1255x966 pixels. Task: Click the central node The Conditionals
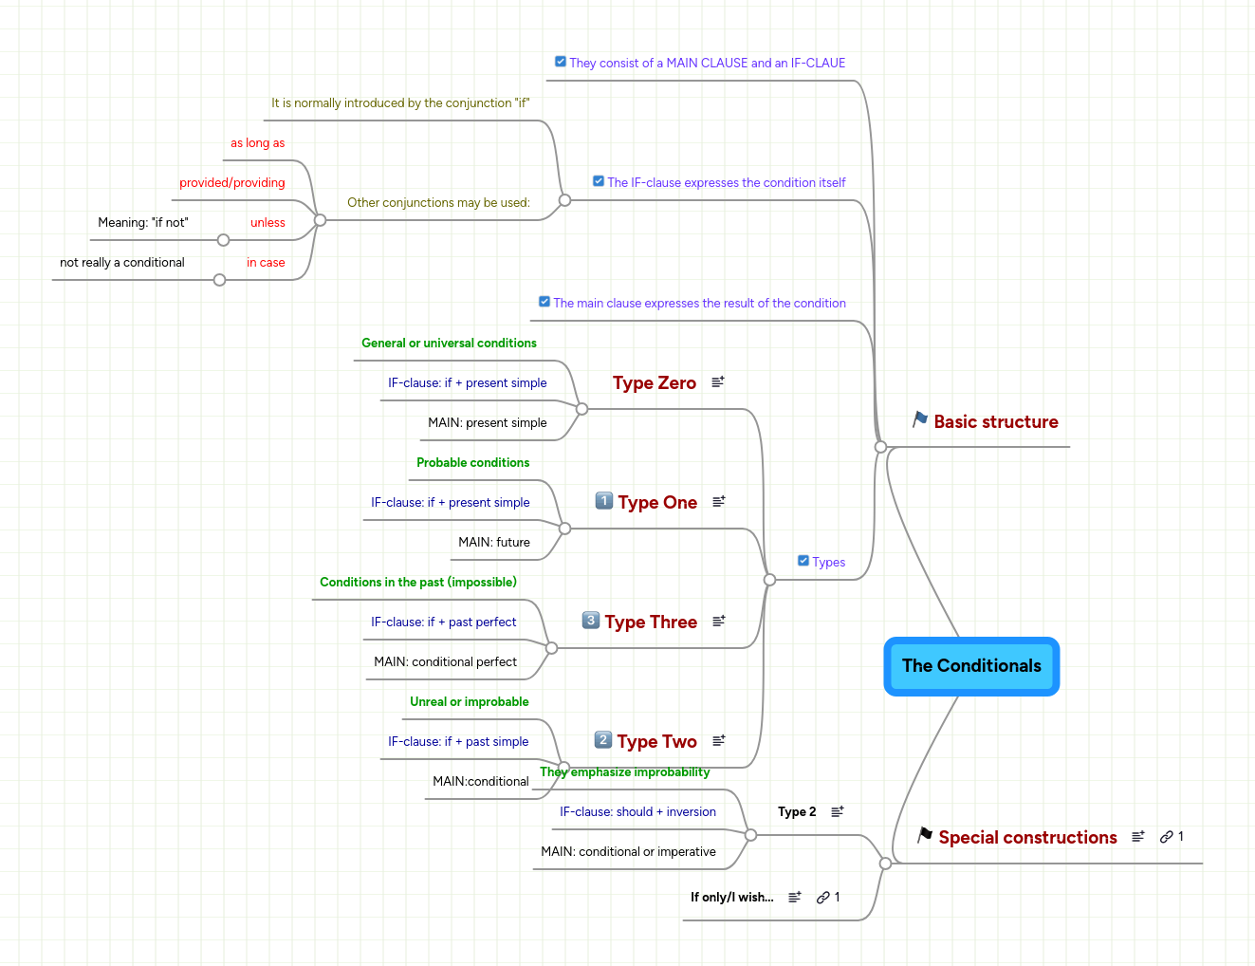tap(971, 666)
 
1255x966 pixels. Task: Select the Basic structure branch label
tap(995, 422)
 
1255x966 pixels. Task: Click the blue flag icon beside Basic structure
tap(920, 419)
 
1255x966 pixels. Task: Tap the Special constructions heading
tap(1027, 838)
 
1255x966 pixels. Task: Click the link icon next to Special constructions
tap(1167, 837)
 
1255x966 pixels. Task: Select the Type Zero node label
tap(654, 383)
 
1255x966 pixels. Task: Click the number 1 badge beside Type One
tap(603, 501)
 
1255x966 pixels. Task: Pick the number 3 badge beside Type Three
tap(590, 621)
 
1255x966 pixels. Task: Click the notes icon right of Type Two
tap(719, 740)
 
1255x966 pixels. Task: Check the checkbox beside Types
tap(803, 561)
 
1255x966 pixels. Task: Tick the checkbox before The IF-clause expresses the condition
tap(599, 181)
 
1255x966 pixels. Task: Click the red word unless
tap(268, 223)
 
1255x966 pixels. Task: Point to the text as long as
tap(257, 143)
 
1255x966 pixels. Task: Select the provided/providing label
tap(232, 183)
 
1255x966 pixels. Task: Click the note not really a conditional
tap(122, 263)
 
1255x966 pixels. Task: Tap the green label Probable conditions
tap(472, 463)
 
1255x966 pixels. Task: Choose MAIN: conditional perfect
tap(445, 662)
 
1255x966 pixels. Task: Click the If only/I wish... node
tap(731, 898)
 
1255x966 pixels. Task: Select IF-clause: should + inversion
tap(637, 812)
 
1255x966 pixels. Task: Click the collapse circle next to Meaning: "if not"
tap(223, 240)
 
